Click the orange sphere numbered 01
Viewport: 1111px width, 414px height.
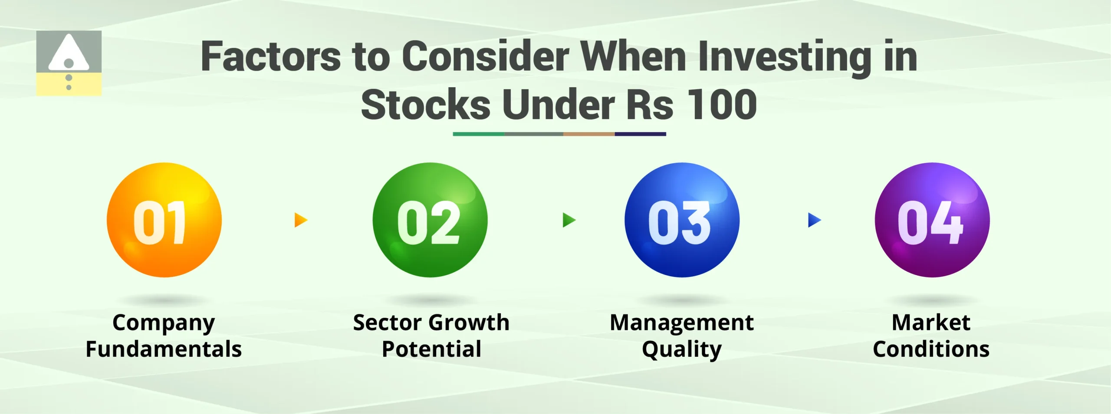[164, 220]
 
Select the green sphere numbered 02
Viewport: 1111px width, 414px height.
[430, 220]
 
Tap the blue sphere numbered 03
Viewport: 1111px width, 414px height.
[682, 220]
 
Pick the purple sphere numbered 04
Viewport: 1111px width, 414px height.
[932, 220]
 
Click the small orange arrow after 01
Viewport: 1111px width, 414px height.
[300, 220]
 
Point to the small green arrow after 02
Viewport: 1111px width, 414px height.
[569, 220]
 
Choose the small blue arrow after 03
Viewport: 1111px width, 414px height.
[814, 220]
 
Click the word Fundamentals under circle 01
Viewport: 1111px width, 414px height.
[164, 349]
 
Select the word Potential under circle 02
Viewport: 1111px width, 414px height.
[431, 349]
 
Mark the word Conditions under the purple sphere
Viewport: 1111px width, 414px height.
[931, 349]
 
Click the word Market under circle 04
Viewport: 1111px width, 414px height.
[931, 323]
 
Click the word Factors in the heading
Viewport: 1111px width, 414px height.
[271, 57]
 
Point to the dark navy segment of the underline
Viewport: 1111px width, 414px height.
[640, 134]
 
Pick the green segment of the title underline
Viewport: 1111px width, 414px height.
[478, 134]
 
